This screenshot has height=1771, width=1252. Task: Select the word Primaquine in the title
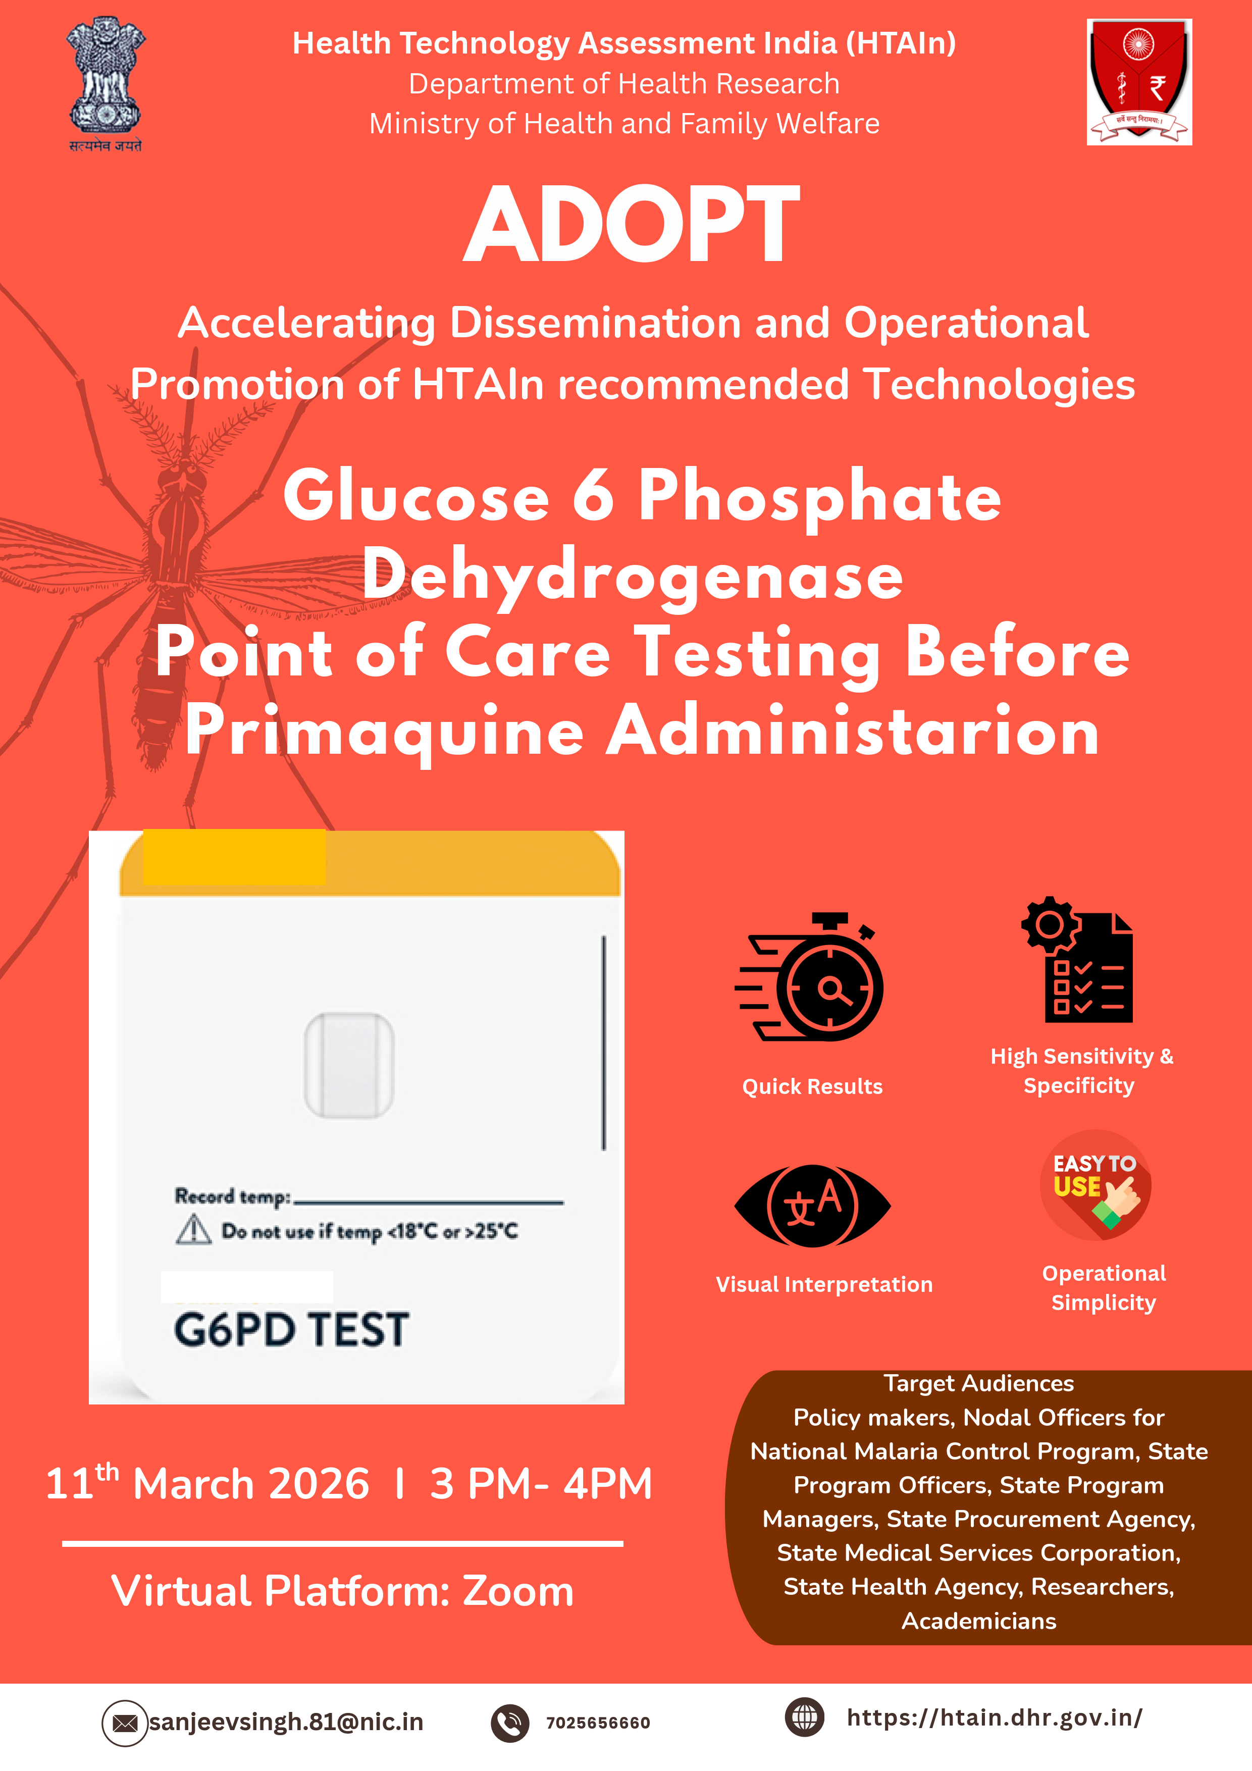pos(384,733)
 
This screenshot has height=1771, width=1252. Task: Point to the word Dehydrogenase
pos(633,576)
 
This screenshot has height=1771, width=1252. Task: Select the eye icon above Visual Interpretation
pos(812,1206)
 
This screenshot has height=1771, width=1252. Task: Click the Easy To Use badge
pos(1095,1185)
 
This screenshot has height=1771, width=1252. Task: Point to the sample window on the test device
pos(349,1065)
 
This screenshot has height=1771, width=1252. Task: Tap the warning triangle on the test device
pos(194,1229)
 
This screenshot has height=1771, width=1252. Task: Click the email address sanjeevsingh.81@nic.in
pos(286,1722)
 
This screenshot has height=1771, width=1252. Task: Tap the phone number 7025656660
pos(599,1723)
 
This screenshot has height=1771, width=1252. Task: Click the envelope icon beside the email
pos(125,1723)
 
